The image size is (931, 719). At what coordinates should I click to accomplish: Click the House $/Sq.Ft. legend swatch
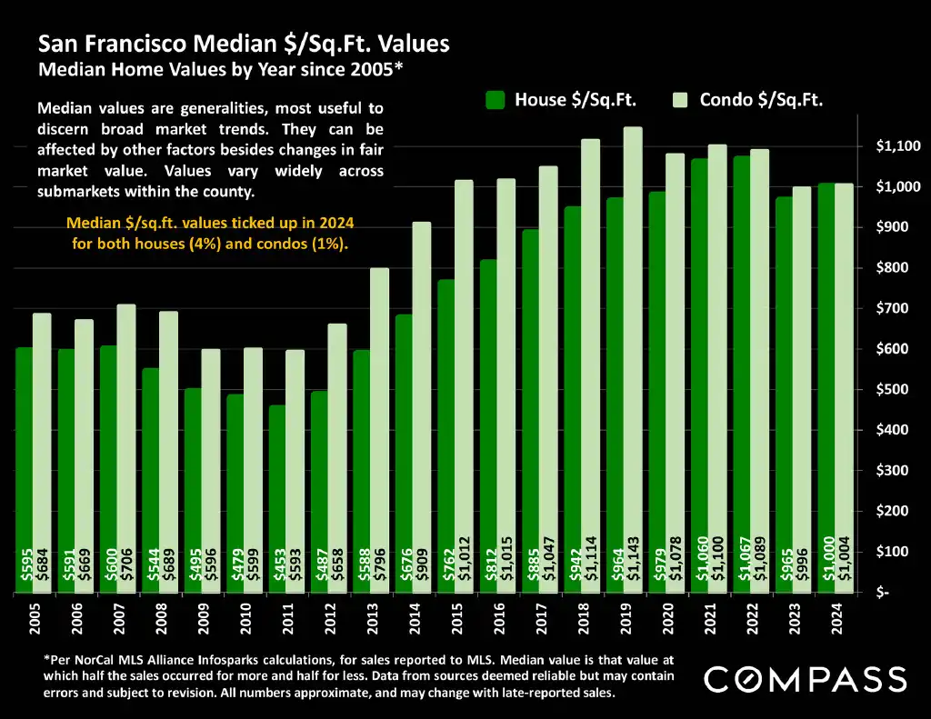[495, 100]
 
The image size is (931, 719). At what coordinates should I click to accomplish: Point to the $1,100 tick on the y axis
[898, 146]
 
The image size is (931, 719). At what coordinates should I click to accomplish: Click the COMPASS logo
[806, 679]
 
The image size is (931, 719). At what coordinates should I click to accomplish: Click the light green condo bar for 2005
[42, 454]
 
